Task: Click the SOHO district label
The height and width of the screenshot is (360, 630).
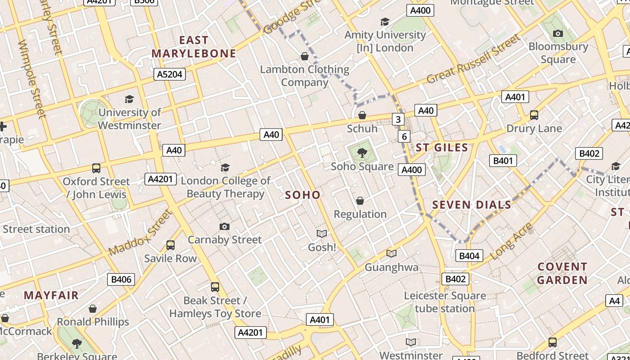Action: (x=303, y=195)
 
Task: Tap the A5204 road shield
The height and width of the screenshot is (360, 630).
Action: (x=170, y=74)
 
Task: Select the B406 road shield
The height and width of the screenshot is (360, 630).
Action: (x=121, y=279)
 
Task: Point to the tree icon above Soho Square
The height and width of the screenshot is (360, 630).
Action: (x=362, y=153)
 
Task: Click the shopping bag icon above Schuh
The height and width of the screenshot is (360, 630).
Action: (x=362, y=115)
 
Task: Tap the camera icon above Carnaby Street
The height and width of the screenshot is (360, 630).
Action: (x=224, y=226)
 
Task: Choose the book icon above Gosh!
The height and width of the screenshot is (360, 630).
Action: (x=321, y=234)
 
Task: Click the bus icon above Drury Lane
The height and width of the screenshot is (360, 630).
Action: (x=534, y=115)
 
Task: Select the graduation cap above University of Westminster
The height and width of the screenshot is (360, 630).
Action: (x=129, y=99)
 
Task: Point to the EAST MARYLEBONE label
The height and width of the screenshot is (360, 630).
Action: (x=193, y=47)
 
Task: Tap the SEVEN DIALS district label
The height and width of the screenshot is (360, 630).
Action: (x=472, y=205)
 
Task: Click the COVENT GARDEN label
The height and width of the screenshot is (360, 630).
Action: (x=562, y=273)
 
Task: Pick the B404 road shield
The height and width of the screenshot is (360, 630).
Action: (x=469, y=256)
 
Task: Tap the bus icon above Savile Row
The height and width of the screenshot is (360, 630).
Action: (x=170, y=245)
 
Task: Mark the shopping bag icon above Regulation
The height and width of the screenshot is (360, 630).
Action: (x=360, y=201)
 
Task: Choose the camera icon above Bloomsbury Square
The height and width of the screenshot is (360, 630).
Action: (x=558, y=33)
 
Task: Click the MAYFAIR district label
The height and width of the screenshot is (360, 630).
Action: (x=51, y=296)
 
